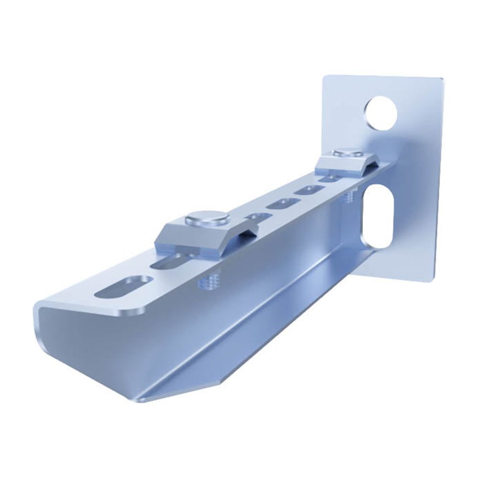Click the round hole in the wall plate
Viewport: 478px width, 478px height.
pos(382,114)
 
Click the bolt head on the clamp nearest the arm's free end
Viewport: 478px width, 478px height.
pos(207,218)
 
